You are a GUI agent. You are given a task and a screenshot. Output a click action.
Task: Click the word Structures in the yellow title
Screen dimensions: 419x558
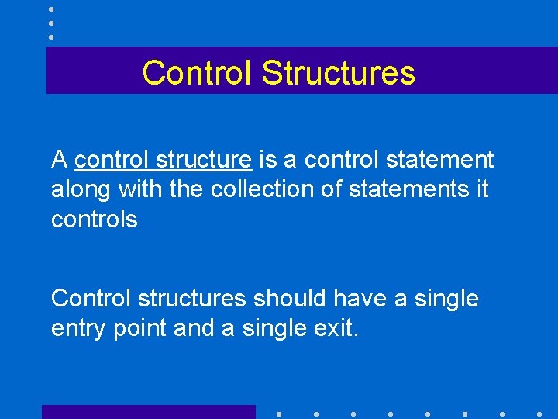click(x=338, y=73)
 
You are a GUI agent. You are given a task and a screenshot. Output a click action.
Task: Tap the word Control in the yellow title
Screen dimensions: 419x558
click(x=198, y=73)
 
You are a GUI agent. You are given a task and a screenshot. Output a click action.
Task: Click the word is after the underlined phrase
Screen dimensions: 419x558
click(x=267, y=160)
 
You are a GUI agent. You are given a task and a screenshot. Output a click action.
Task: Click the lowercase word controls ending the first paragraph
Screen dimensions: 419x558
click(x=94, y=220)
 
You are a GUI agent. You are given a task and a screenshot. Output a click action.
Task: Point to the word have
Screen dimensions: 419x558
click(x=363, y=298)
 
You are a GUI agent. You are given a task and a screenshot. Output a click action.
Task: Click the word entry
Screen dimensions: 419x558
click(x=78, y=328)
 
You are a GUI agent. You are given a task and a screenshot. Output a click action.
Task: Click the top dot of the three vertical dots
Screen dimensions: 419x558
click(x=51, y=9)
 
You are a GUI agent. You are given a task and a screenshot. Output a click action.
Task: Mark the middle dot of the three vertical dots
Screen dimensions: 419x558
click(x=51, y=23)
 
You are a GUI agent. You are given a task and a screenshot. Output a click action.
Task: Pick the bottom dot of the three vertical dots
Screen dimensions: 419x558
click(x=51, y=36)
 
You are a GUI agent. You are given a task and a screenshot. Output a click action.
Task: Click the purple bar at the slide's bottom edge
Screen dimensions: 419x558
click(x=148, y=412)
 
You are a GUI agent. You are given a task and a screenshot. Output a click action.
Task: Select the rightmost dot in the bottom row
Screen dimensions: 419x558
click(x=539, y=414)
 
